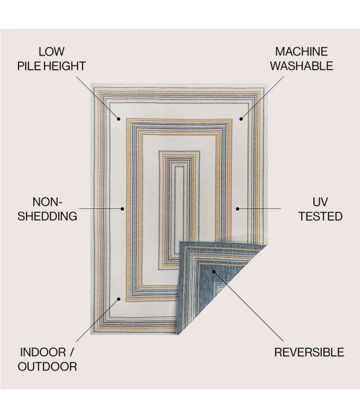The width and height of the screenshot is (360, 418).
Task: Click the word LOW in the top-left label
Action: (x=52, y=52)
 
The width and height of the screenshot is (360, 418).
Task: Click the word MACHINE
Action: (x=302, y=52)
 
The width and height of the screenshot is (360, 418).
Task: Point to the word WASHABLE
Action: (x=302, y=66)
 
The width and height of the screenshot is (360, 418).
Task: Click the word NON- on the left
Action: (x=47, y=202)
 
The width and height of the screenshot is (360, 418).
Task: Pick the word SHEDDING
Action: (x=48, y=216)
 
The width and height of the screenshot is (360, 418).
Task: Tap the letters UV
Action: (x=320, y=202)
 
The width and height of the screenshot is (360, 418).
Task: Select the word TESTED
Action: (x=320, y=216)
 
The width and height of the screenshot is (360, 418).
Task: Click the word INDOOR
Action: (x=43, y=352)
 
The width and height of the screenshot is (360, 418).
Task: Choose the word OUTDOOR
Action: (x=48, y=367)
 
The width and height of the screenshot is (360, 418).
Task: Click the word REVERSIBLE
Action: (x=309, y=352)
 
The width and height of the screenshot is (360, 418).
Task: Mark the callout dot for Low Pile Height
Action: (x=119, y=119)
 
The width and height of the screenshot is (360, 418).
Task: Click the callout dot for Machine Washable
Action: (x=241, y=119)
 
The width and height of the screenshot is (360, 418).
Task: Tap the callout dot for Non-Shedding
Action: (x=122, y=209)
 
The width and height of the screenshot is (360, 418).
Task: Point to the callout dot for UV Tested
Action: (x=238, y=209)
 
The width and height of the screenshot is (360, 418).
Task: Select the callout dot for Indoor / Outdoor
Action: (x=119, y=299)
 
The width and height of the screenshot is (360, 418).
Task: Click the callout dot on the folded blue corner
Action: (x=214, y=272)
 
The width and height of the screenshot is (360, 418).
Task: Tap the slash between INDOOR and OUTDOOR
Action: (x=71, y=352)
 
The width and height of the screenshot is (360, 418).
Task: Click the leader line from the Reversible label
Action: (x=248, y=306)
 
